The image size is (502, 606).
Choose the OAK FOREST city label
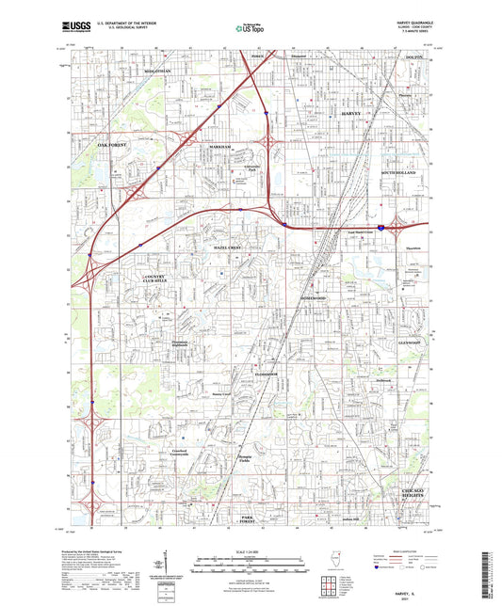coord(111,145)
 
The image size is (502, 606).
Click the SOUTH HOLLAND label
coord(404,175)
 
